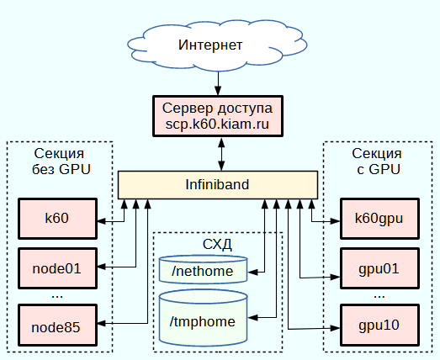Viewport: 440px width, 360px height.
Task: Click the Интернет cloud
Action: click(x=217, y=45)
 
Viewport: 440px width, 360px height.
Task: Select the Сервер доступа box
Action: click(x=218, y=116)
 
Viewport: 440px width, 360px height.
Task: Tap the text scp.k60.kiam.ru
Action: click(x=217, y=124)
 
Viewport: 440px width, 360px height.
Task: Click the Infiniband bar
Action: click(x=218, y=185)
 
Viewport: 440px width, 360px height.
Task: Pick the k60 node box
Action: click(x=57, y=219)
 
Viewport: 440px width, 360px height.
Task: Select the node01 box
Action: click(x=57, y=268)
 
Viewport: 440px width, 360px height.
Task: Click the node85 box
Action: click(x=57, y=326)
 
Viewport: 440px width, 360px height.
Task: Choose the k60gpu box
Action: click(x=379, y=219)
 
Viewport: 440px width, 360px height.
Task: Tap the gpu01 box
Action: click(x=379, y=268)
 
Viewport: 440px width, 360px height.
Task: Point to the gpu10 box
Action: click(x=379, y=326)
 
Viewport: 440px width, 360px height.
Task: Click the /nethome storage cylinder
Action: click(x=203, y=269)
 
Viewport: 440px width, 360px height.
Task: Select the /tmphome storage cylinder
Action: click(x=203, y=318)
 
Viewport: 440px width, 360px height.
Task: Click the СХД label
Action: click(x=217, y=245)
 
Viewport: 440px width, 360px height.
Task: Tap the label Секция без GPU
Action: click(x=61, y=161)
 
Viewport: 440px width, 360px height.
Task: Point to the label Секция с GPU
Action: click(x=378, y=161)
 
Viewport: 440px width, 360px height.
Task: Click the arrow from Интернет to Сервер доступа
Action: click(x=218, y=83)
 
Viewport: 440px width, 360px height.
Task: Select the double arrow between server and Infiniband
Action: click(x=222, y=154)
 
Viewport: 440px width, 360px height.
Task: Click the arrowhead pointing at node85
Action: click(x=102, y=323)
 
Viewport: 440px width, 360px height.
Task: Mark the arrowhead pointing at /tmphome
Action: click(x=253, y=318)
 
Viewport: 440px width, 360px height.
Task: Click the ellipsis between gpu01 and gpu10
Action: click(x=379, y=297)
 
